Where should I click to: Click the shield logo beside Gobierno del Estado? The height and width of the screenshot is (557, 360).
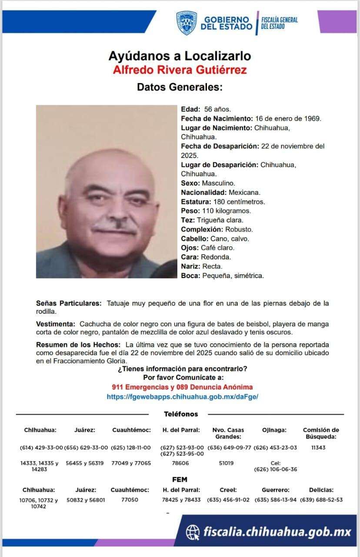pyautogui.click(x=186, y=23)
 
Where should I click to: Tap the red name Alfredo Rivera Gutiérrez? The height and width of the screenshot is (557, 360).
pyautogui.click(x=180, y=69)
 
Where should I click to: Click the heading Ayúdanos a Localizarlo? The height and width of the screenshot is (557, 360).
pyautogui.click(x=180, y=56)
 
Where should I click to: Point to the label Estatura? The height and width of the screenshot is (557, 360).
pyautogui.click(x=196, y=201)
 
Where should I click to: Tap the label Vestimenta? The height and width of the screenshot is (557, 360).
pyautogui.click(x=56, y=324)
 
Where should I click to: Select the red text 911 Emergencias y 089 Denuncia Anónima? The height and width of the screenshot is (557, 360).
pyautogui.click(x=182, y=387)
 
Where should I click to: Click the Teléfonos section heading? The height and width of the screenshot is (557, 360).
pyautogui.click(x=181, y=414)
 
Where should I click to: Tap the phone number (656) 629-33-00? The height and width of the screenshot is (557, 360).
pyautogui.click(x=86, y=447)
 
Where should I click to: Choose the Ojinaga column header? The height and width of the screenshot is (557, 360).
pyautogui.click(x=274, y=430)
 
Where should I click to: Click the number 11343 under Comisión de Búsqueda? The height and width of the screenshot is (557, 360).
pyautogui.click(x=319, y=447)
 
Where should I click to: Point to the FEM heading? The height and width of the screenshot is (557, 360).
pyautogui.click(x=180, y=480)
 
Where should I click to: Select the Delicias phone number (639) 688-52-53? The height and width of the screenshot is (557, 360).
pyautogui.click(x=321, y=500)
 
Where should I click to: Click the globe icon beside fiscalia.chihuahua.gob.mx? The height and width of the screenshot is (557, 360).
pyautogui.click(x=193, y=531)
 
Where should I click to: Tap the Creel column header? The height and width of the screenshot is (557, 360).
pyautogui.click(x=228, y=490)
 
